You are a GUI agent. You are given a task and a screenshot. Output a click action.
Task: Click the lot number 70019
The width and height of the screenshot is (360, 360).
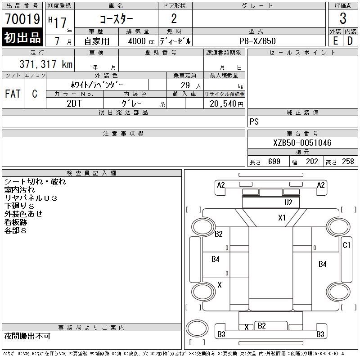pyautogui.click(x=22, y=19)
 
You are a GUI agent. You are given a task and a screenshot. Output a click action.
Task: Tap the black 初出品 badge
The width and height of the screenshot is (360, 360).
pyautogui.click(x=22, y=38)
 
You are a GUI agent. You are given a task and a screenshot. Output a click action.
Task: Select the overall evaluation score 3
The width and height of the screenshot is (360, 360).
pyautogui.click(x=343, y=19)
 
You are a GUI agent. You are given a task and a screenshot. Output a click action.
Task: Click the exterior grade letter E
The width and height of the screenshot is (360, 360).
pyautogui.click(x=335, y=40)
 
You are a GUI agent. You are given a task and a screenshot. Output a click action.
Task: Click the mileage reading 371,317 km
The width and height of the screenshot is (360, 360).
pyautogui.click(x=45, y=64)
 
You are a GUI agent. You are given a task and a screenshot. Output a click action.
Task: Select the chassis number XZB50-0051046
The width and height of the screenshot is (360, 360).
pyautogui.click(x=302, y=143)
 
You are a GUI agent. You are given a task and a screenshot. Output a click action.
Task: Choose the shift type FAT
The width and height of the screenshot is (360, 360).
pyautogui.click(x=13, y=94)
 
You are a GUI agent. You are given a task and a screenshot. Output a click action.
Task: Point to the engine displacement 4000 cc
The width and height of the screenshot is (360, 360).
pyautogui.click(x=138, y=41)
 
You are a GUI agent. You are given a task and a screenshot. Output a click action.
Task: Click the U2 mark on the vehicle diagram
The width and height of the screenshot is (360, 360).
pyautogui.click(x=288, y=202)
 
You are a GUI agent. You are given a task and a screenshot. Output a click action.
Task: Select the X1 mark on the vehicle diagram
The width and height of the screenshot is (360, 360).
pyautogui.click(x=282, y=218)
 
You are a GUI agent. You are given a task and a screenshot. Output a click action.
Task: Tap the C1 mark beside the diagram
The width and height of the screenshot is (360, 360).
pyautogui.click(x=346, y=245)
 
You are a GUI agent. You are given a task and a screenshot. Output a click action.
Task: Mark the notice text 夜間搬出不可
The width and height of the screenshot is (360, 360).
pyautogui.click(x=27, y=336)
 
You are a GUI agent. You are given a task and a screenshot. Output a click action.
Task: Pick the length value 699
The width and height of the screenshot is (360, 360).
pyautogui.click(x=274, y=162)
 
